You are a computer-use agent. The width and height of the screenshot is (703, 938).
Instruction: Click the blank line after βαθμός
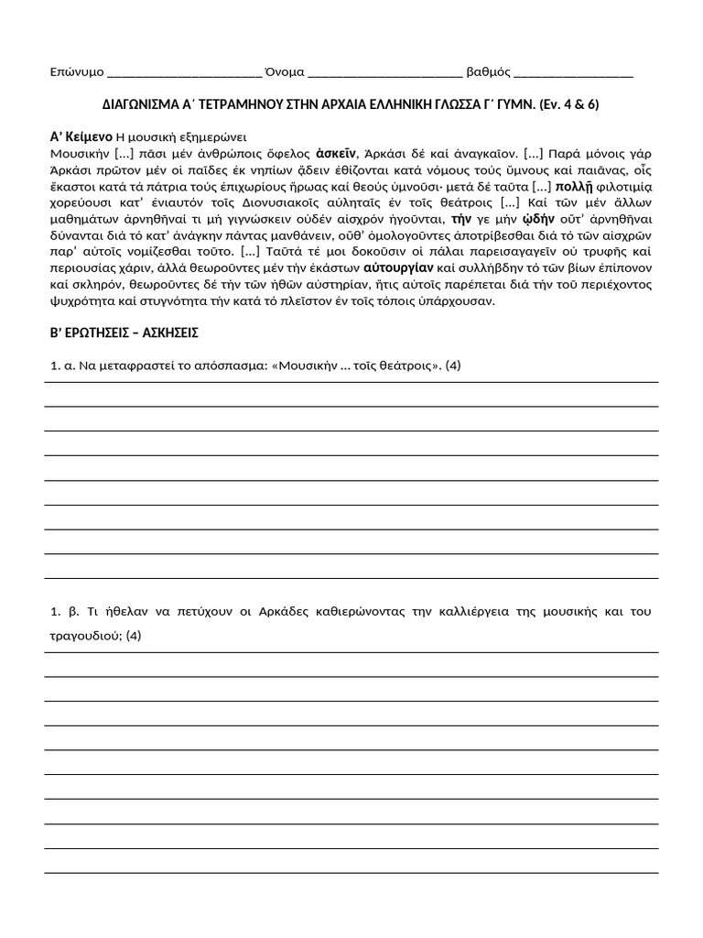[574, 73]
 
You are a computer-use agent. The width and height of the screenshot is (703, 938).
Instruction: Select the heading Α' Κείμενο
[81, 136]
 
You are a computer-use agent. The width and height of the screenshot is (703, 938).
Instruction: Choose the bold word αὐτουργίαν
[397, 268]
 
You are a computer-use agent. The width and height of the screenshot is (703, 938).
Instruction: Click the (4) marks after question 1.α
[452, 365]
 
